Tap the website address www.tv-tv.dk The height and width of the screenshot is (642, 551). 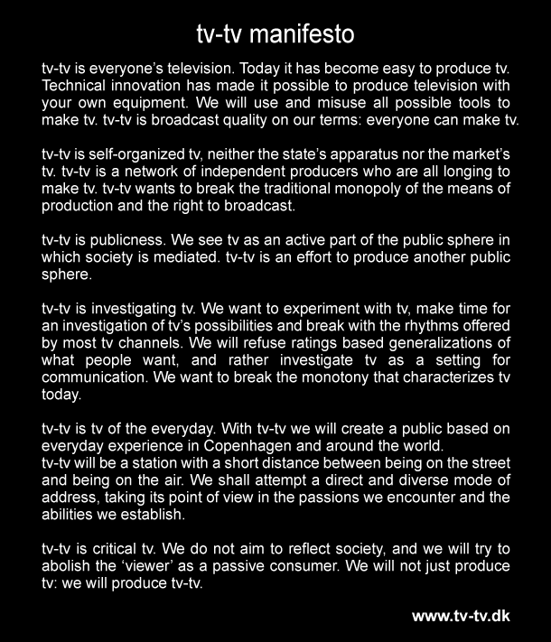click(x=461, y=616)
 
